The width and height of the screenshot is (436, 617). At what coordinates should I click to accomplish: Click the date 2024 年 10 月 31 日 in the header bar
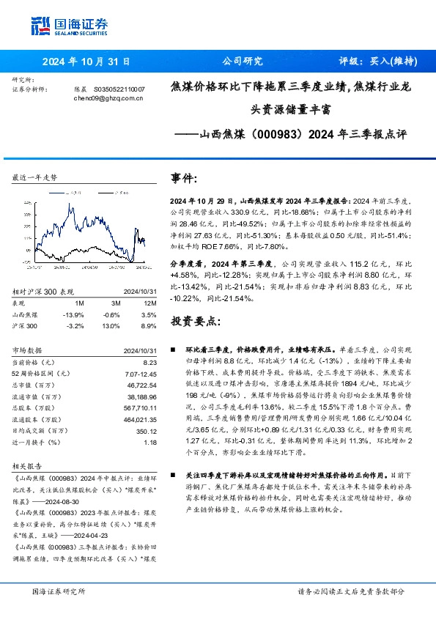86,62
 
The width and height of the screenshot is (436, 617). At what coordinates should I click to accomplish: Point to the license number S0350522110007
119,89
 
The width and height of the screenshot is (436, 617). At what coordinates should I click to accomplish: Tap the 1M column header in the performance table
79,302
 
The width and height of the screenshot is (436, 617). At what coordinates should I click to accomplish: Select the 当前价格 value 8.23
150,363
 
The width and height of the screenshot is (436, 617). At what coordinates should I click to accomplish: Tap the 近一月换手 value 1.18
150,442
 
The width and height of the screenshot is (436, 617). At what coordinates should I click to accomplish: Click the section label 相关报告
29,465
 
